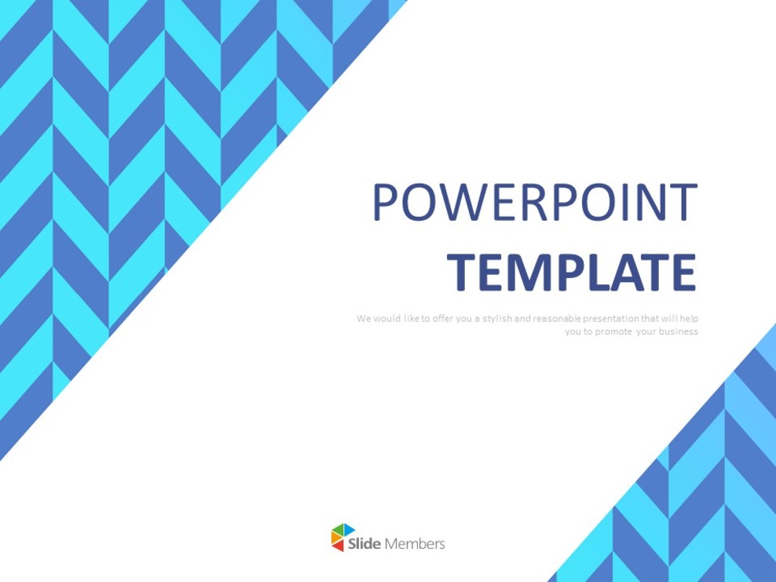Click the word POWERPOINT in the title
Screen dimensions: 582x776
coord(534,202)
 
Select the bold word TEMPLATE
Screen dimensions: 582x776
coord(572,272)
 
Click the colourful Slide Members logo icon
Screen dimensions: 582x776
coord(342,537)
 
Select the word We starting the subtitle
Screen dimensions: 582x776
coord(363,318)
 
